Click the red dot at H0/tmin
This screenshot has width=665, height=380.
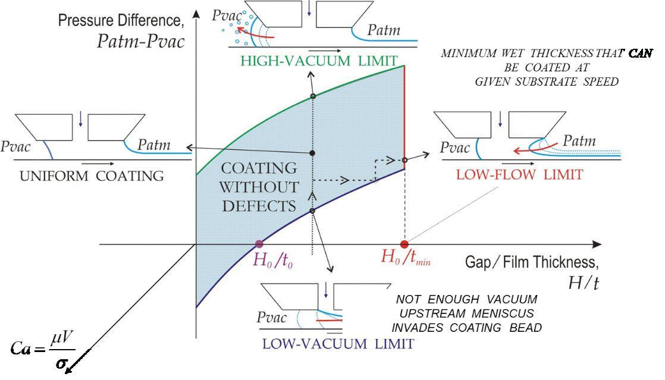tap(404, 244)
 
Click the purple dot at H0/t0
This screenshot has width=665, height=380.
tap(259, 244)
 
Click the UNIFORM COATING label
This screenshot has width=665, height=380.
tap(92, 175)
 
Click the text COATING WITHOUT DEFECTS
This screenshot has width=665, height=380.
tap(259, 187)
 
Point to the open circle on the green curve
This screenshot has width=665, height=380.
tap(313, 96)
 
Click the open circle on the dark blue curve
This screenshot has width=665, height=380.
tap(312, 211)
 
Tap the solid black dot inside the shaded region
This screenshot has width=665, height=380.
tap(312, 153)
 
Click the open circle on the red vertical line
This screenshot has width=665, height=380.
tap(404, 160)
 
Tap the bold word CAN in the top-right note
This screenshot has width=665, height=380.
tap(640, 54)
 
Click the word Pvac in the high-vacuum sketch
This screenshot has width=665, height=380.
tap(225, 15)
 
